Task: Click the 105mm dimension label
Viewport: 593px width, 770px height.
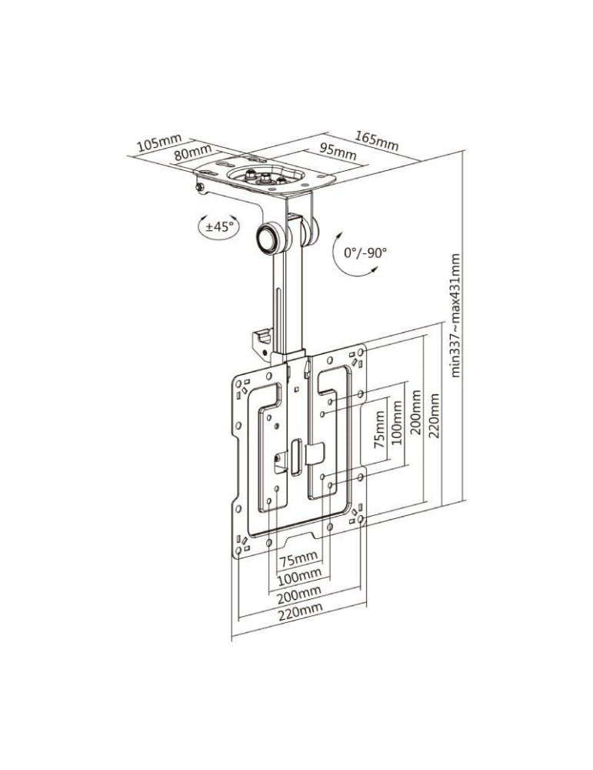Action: (x=159, y=142)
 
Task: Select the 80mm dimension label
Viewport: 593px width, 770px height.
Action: (x=192, y=152)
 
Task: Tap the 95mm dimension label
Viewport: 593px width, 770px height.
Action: (x=338, y=151)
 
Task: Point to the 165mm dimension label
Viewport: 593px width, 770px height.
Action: (x=377, y=141)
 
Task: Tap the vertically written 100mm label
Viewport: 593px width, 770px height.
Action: (x=397, y=424)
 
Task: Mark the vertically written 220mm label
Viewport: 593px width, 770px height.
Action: (x=435, y=417)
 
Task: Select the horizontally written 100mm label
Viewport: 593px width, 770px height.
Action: (x=299, y=575)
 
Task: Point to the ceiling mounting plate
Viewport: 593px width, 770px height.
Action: (x=265, y=176)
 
